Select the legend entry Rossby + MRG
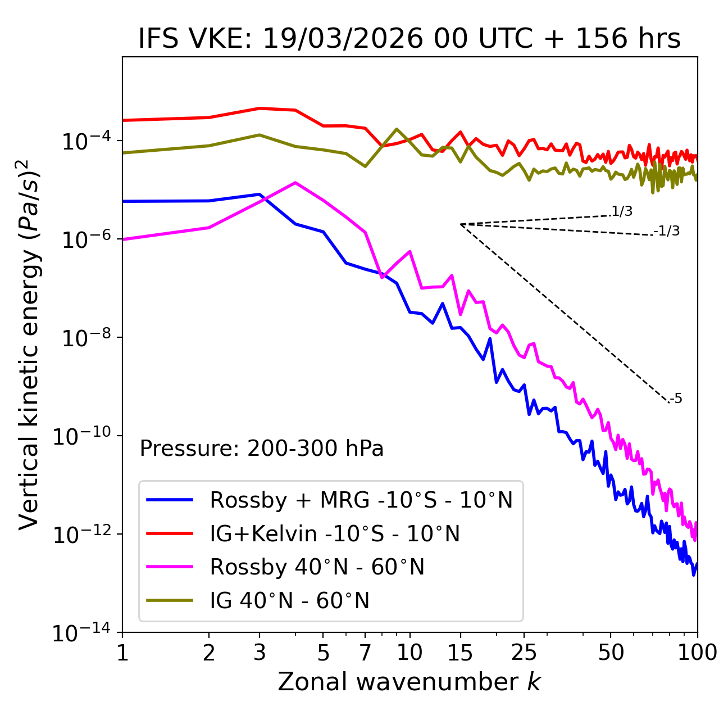pos(361,500)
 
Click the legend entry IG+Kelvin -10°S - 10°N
pos(334,533)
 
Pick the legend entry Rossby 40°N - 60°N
pos(317,567)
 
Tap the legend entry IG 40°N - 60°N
pos(289,601)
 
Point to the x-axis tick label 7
pos(365,653)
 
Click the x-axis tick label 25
pos(524,653)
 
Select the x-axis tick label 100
pos(697,653)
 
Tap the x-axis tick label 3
pos(260,653)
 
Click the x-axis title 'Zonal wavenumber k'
pos(409,682)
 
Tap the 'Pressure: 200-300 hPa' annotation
pos(262,449)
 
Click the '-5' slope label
pos(676,399)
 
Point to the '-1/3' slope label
pos(667,231)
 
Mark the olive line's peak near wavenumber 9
pos(397,129)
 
